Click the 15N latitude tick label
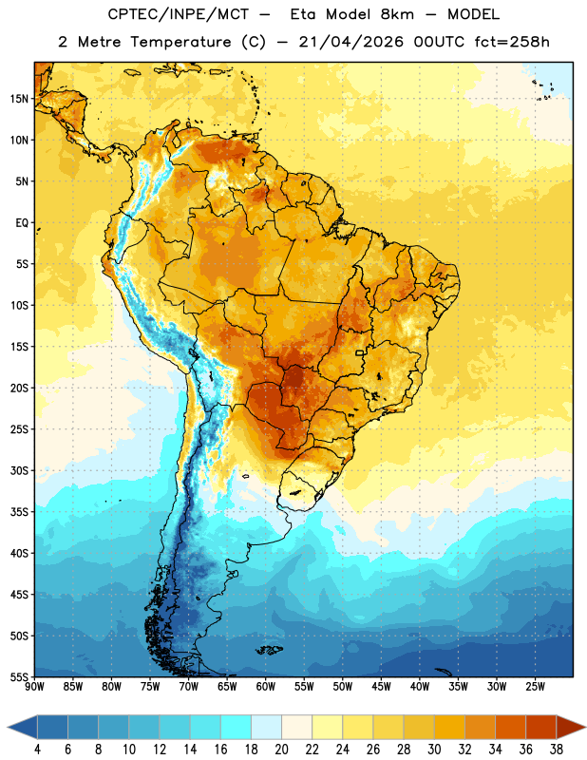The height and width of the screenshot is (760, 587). click(x=18, y=99)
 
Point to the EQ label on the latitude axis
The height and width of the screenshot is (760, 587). click(x=22, y=223)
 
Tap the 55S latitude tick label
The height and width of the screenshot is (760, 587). click(x=18, y=676)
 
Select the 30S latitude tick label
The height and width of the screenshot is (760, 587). click(x=18, y=471)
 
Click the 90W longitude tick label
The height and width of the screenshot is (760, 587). click(x=34, y=687)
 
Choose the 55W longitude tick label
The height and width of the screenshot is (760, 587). click(x=304, y=687)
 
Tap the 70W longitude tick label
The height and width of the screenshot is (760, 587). click(x=189, y=687)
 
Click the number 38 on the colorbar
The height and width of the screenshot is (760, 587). click(x=556, y=750)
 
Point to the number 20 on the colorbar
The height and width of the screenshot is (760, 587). click(x=281, y=750)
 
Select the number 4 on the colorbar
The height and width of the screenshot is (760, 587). click(x=37, y=750)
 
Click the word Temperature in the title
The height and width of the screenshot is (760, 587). click(x=180, y=42)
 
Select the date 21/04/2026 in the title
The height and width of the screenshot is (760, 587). click(x=350, y=42)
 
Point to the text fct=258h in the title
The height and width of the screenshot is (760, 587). click(x=512, y=42)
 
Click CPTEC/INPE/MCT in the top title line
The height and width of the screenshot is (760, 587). click(x=179, y=14)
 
